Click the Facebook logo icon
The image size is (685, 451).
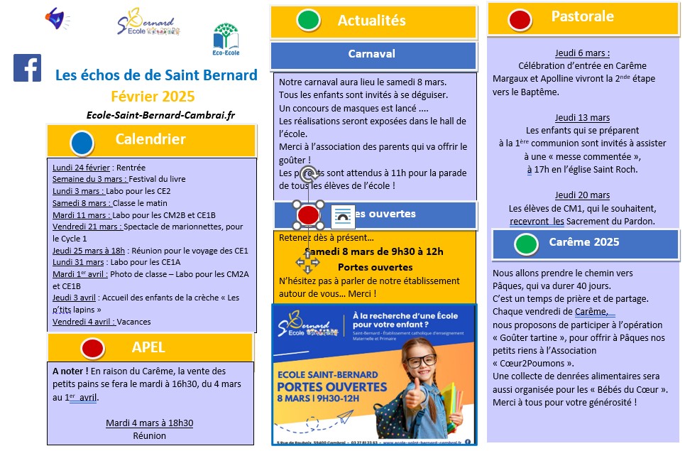(x=27, y=68)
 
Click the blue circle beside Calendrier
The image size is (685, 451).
(x=82, y=143)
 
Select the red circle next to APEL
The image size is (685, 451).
(x=92, y=348)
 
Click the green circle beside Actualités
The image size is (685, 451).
(x=308, y=20)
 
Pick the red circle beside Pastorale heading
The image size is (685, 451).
(x=520, y=18)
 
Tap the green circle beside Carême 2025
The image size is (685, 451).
(x=526, y=244)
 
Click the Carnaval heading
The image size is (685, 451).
(x=372, y=54)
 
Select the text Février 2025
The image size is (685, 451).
(x=153, y=97)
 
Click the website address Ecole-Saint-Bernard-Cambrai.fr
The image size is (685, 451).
(x=160, y=115)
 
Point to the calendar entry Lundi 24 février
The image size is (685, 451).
(x=82, y=168)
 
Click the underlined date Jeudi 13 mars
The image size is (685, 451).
(x=582, y=118)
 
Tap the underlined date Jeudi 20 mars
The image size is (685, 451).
(x=582, y=195)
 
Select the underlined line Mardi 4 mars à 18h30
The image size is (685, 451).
(x=149, y=423)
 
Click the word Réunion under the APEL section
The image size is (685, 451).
(x=149, y=435)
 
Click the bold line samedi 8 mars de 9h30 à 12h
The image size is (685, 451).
(x=376, y=251)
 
